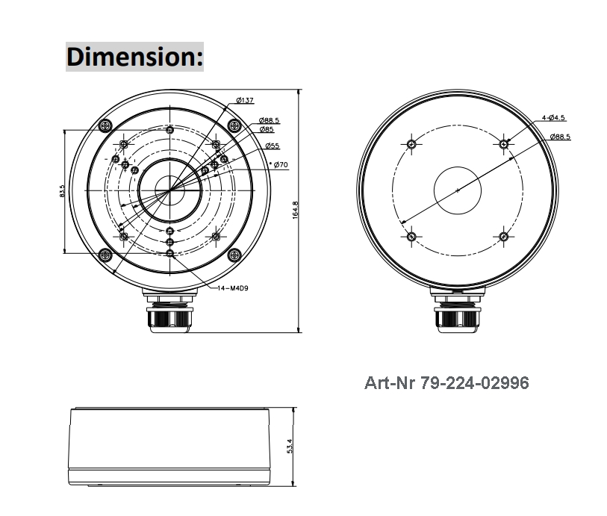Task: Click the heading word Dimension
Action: (134, 57)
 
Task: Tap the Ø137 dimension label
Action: (244, 101)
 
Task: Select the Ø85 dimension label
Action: (266, 129)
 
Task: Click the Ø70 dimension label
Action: (281, 164)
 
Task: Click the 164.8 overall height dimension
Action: (296, 210)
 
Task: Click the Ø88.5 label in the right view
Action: (560, 137)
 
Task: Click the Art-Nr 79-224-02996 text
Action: (446, 383)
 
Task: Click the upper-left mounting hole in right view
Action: (411, 143)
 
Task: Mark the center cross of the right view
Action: (457, 190)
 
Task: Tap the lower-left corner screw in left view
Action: (106, 255)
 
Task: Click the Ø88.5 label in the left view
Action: (269, 120)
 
